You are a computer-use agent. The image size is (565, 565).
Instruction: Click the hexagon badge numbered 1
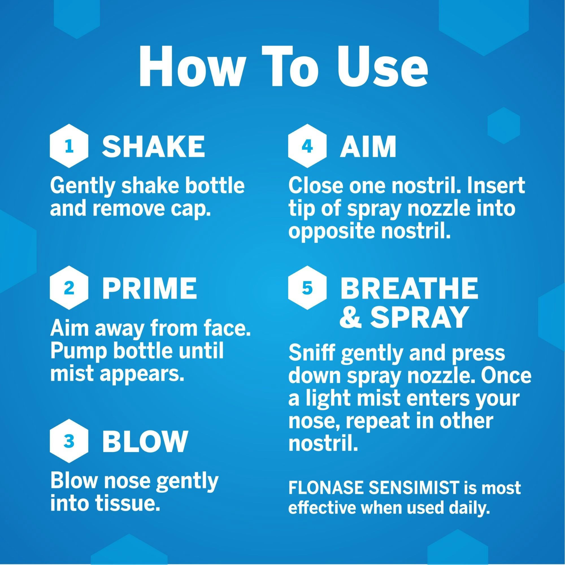(69, 146)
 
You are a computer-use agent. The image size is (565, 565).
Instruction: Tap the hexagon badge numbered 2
(69, 288)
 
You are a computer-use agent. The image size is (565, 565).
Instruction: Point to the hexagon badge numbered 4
(307, 146)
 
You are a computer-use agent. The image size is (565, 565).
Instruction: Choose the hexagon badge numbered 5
(307, 288)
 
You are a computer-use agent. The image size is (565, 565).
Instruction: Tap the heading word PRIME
(149, 288)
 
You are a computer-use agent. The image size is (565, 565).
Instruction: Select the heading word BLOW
(144, 441)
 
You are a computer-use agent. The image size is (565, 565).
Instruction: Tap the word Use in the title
(383, 69)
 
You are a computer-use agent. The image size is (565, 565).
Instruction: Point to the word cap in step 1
(195, 209)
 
